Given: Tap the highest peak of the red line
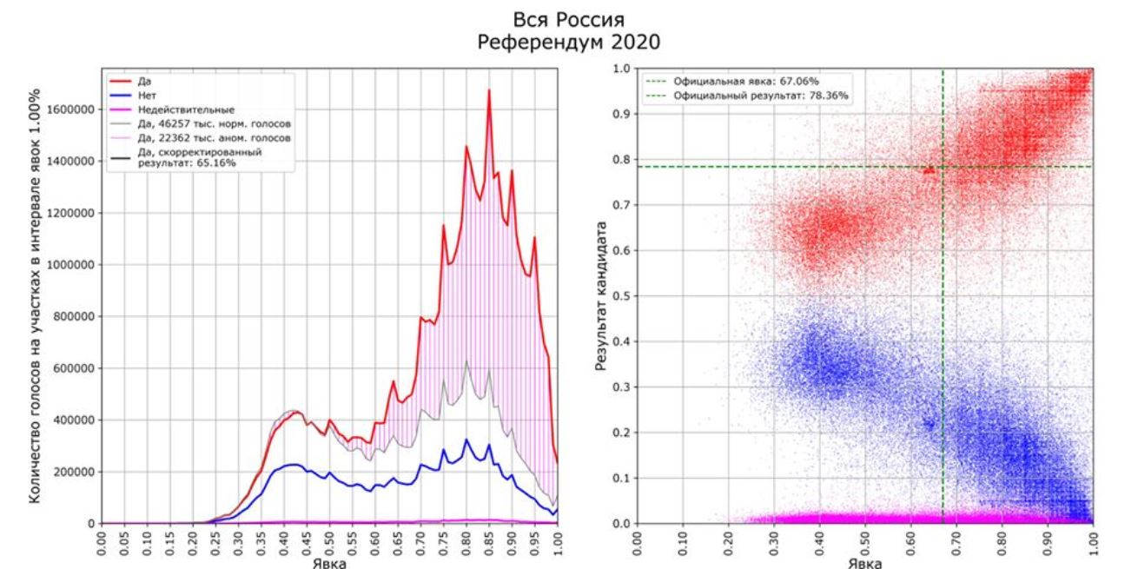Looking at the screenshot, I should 489,90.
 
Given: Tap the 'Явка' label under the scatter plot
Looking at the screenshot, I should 864,561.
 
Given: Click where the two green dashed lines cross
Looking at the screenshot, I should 943,167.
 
